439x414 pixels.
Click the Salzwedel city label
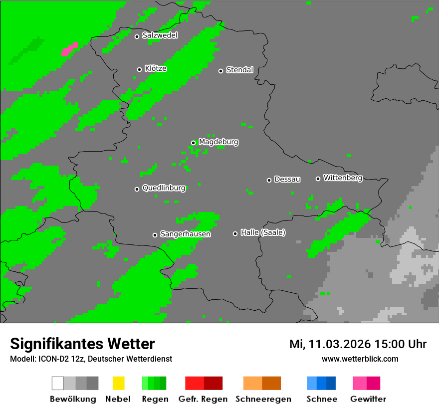[x=160, y=35]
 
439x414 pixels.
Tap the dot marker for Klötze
[x=139, y=69]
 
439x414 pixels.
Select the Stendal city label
[x=239, y=70]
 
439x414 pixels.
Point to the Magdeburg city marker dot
[x=193, y=143]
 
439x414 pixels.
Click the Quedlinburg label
[x=164, y=188]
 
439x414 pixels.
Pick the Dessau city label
[x=287, y=179]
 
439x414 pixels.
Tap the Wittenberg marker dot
[x=318, y=179]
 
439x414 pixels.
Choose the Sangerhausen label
[x=185, y=234]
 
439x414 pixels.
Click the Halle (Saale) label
[x=263, y=232]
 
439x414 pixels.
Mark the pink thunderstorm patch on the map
[x=69, y=49]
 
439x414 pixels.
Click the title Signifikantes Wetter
[x=82, y=344]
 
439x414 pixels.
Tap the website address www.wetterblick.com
[x=360, y=359]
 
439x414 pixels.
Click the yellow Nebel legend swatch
[x=118, y=383]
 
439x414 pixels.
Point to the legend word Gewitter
[x=368, y=399]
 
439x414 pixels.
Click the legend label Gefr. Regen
[x=203, y=399]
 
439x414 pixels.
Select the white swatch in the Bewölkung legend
[x=57, y=383]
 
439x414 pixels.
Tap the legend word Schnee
[x=322, y=399]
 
